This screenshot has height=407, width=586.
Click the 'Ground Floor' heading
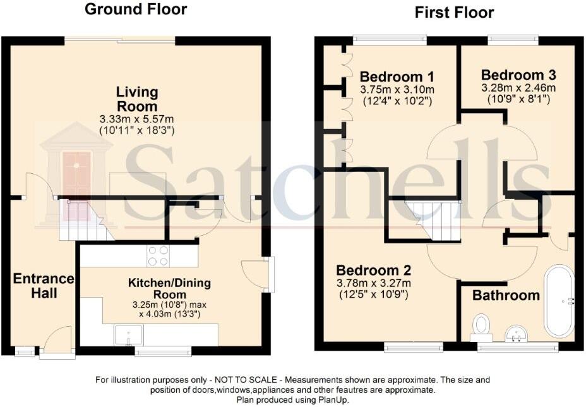tap(135, 9)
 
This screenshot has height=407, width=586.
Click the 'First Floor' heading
tap(454, 13)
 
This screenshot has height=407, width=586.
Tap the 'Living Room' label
tap(136, 99)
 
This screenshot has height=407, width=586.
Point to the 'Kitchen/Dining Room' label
tap(169, 289)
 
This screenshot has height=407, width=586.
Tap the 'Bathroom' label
tap(506, 295)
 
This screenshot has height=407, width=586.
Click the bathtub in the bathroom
tap(559, 302)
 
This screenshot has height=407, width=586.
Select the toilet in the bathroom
tap(481, 325)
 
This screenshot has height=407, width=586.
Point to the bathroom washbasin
tap(518, 333)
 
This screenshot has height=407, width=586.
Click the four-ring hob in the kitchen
tap(158, 255)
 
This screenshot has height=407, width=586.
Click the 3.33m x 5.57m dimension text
tap(136, 119)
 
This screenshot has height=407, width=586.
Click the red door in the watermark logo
tap(76, 177)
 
